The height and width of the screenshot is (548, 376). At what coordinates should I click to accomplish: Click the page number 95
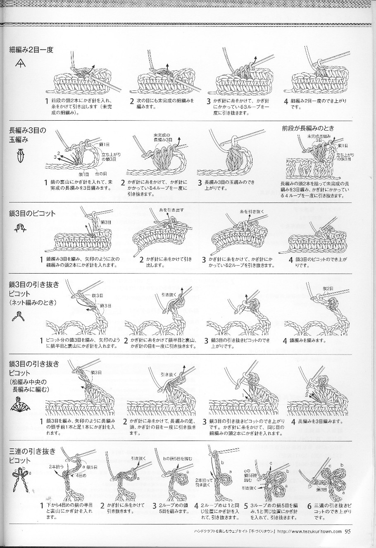pos(348,531)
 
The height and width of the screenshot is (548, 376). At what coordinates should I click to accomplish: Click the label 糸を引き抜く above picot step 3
pos(252,212)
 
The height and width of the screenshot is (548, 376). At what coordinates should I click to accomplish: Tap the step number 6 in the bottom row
pos(309,506)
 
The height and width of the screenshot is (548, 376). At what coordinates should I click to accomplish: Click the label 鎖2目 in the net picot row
pos(328,288)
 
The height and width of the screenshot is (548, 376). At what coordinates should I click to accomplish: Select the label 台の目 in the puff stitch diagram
pos(101,174)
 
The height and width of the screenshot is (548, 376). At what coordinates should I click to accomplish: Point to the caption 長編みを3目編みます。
pos(317,422)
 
